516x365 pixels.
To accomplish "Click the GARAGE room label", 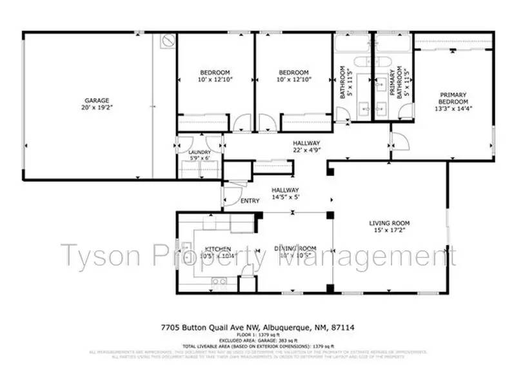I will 96,101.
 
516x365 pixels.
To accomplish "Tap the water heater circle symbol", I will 168,42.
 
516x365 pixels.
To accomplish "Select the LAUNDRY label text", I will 199,152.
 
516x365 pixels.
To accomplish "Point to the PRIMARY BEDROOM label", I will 453,98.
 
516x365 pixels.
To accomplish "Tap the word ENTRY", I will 250,201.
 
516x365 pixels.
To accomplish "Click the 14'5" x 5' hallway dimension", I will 285,197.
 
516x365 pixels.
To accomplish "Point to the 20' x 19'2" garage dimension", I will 96,108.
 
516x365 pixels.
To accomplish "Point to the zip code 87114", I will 342,328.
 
